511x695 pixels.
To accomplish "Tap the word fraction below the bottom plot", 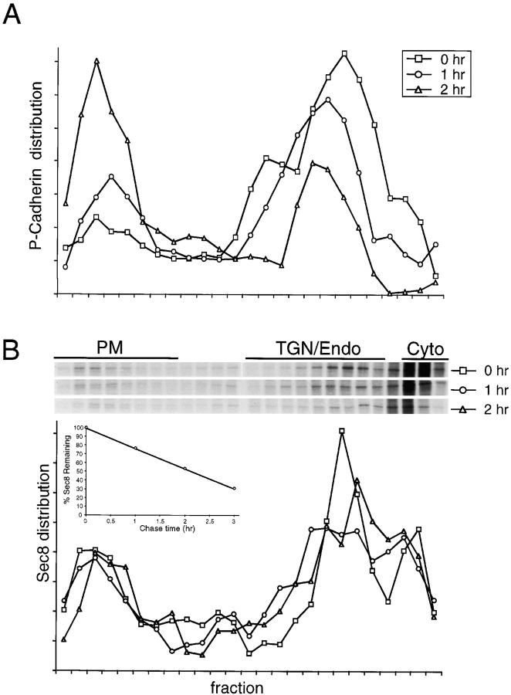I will [x=239, y=686].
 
